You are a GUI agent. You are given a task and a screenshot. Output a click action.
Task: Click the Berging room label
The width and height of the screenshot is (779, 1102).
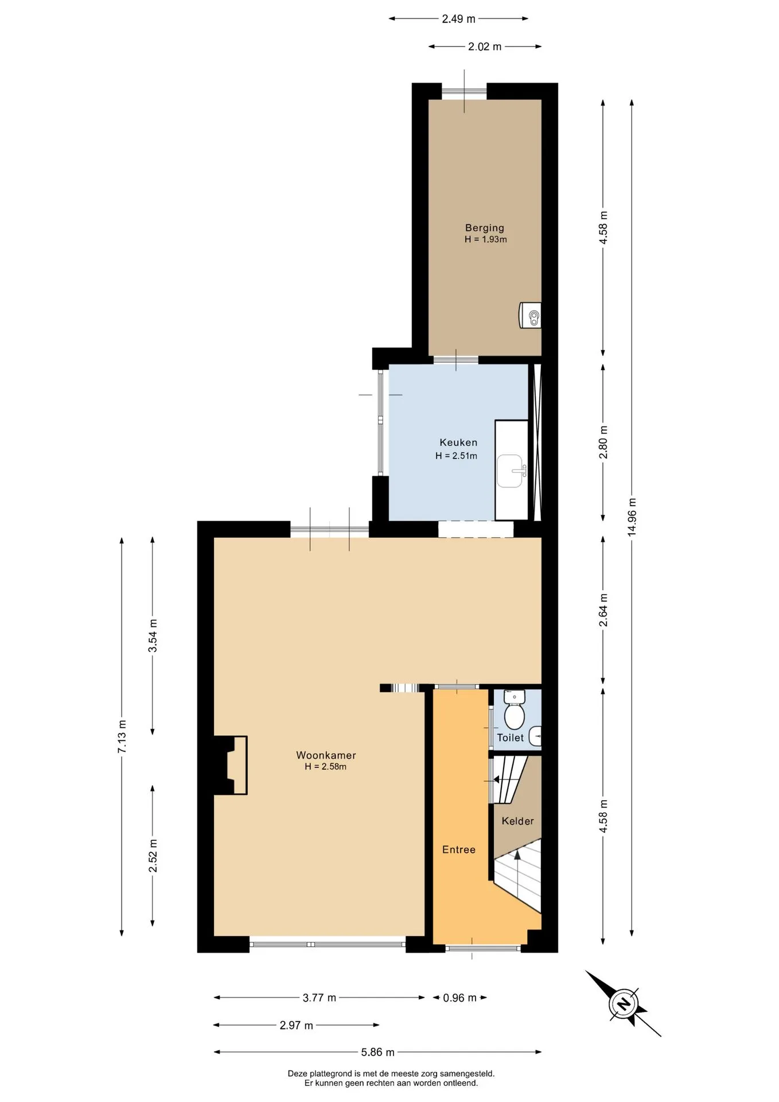(485, 228)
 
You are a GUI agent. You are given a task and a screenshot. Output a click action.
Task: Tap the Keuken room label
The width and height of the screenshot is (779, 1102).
(458, 443)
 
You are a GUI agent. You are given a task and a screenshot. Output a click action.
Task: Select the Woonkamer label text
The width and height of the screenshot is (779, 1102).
(326, 755)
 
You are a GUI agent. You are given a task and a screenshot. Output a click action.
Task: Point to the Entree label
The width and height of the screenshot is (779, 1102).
(459, 850)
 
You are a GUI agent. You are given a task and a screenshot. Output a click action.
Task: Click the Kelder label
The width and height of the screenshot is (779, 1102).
(517, 821)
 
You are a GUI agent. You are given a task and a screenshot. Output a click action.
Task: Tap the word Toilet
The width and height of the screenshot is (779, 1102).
(510, 738)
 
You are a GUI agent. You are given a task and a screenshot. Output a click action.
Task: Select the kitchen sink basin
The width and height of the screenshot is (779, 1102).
(509, 471)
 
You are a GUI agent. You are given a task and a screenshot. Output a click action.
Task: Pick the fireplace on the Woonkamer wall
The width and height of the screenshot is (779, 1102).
(231, 765)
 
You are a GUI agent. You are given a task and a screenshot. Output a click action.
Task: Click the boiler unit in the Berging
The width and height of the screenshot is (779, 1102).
(530, 316)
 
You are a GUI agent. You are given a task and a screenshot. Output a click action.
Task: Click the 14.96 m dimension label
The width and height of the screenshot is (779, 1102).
(632, 518)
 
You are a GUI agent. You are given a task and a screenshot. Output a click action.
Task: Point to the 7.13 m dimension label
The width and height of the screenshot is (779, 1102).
(122, 737)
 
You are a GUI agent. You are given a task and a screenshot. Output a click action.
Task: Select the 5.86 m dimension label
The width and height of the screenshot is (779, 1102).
(377, 1052)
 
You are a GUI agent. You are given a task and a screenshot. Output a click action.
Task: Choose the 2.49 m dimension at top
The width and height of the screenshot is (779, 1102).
(458, 19)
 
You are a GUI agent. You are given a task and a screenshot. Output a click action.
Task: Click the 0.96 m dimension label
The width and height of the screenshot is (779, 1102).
(459, 998)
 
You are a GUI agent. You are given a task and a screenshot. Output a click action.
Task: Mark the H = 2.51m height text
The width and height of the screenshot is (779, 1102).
(457, 456)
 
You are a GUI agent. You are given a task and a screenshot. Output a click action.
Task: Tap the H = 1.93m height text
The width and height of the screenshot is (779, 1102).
(486, 239)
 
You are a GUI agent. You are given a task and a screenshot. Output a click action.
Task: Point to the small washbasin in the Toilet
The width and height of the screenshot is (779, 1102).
(535, 736)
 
